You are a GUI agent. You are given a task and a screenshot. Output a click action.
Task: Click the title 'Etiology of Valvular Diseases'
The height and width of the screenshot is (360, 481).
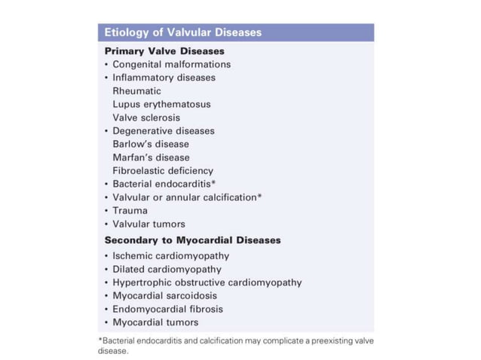point(183,32)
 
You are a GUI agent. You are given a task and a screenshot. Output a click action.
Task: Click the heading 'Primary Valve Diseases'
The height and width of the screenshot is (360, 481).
point(164,51)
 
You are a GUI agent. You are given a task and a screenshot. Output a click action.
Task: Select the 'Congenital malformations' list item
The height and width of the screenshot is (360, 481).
point(171,64)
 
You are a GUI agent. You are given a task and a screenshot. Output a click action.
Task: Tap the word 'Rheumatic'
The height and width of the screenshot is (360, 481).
point(136,91)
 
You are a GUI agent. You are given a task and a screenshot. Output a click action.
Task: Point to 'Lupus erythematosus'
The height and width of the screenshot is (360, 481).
point(161,104)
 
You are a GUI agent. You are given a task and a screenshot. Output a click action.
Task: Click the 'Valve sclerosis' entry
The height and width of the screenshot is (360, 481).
point(146,117)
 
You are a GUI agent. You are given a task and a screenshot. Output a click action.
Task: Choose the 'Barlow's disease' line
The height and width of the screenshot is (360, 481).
point(151,144)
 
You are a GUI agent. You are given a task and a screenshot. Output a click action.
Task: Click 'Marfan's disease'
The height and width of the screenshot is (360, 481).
point(151,157)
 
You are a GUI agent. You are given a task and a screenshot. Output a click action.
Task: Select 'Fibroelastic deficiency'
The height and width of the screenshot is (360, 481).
point(163,171)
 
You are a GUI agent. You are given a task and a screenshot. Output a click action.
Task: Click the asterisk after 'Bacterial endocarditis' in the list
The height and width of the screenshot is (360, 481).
point(214,182)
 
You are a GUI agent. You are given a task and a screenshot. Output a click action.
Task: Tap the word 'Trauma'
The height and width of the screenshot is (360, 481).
point(130,210)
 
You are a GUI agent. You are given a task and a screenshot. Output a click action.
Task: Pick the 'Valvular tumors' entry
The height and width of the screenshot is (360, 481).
point(149,224)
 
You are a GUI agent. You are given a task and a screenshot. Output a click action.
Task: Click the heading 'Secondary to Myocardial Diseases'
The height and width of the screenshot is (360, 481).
point(192,240)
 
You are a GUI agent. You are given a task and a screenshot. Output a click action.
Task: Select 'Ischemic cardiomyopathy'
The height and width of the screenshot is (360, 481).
point(170,255)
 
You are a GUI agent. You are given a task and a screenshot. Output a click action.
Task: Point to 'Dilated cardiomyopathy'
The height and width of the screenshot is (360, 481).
point(167,269)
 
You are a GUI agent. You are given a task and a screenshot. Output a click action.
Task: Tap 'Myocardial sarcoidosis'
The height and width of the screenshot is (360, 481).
point(164,295)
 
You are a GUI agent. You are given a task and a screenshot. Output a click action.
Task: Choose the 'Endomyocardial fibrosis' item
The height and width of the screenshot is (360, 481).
point(167,309)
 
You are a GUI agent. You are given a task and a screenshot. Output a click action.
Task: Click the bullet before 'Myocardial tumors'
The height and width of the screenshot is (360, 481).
point(106,322)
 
